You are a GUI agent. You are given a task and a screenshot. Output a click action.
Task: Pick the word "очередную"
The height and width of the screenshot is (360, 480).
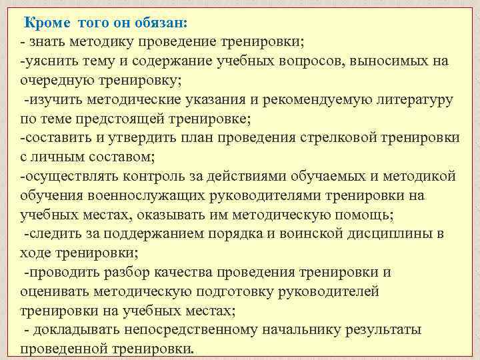click(54, 81)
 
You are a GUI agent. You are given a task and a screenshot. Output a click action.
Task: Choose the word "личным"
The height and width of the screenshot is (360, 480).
click(57, 158)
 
